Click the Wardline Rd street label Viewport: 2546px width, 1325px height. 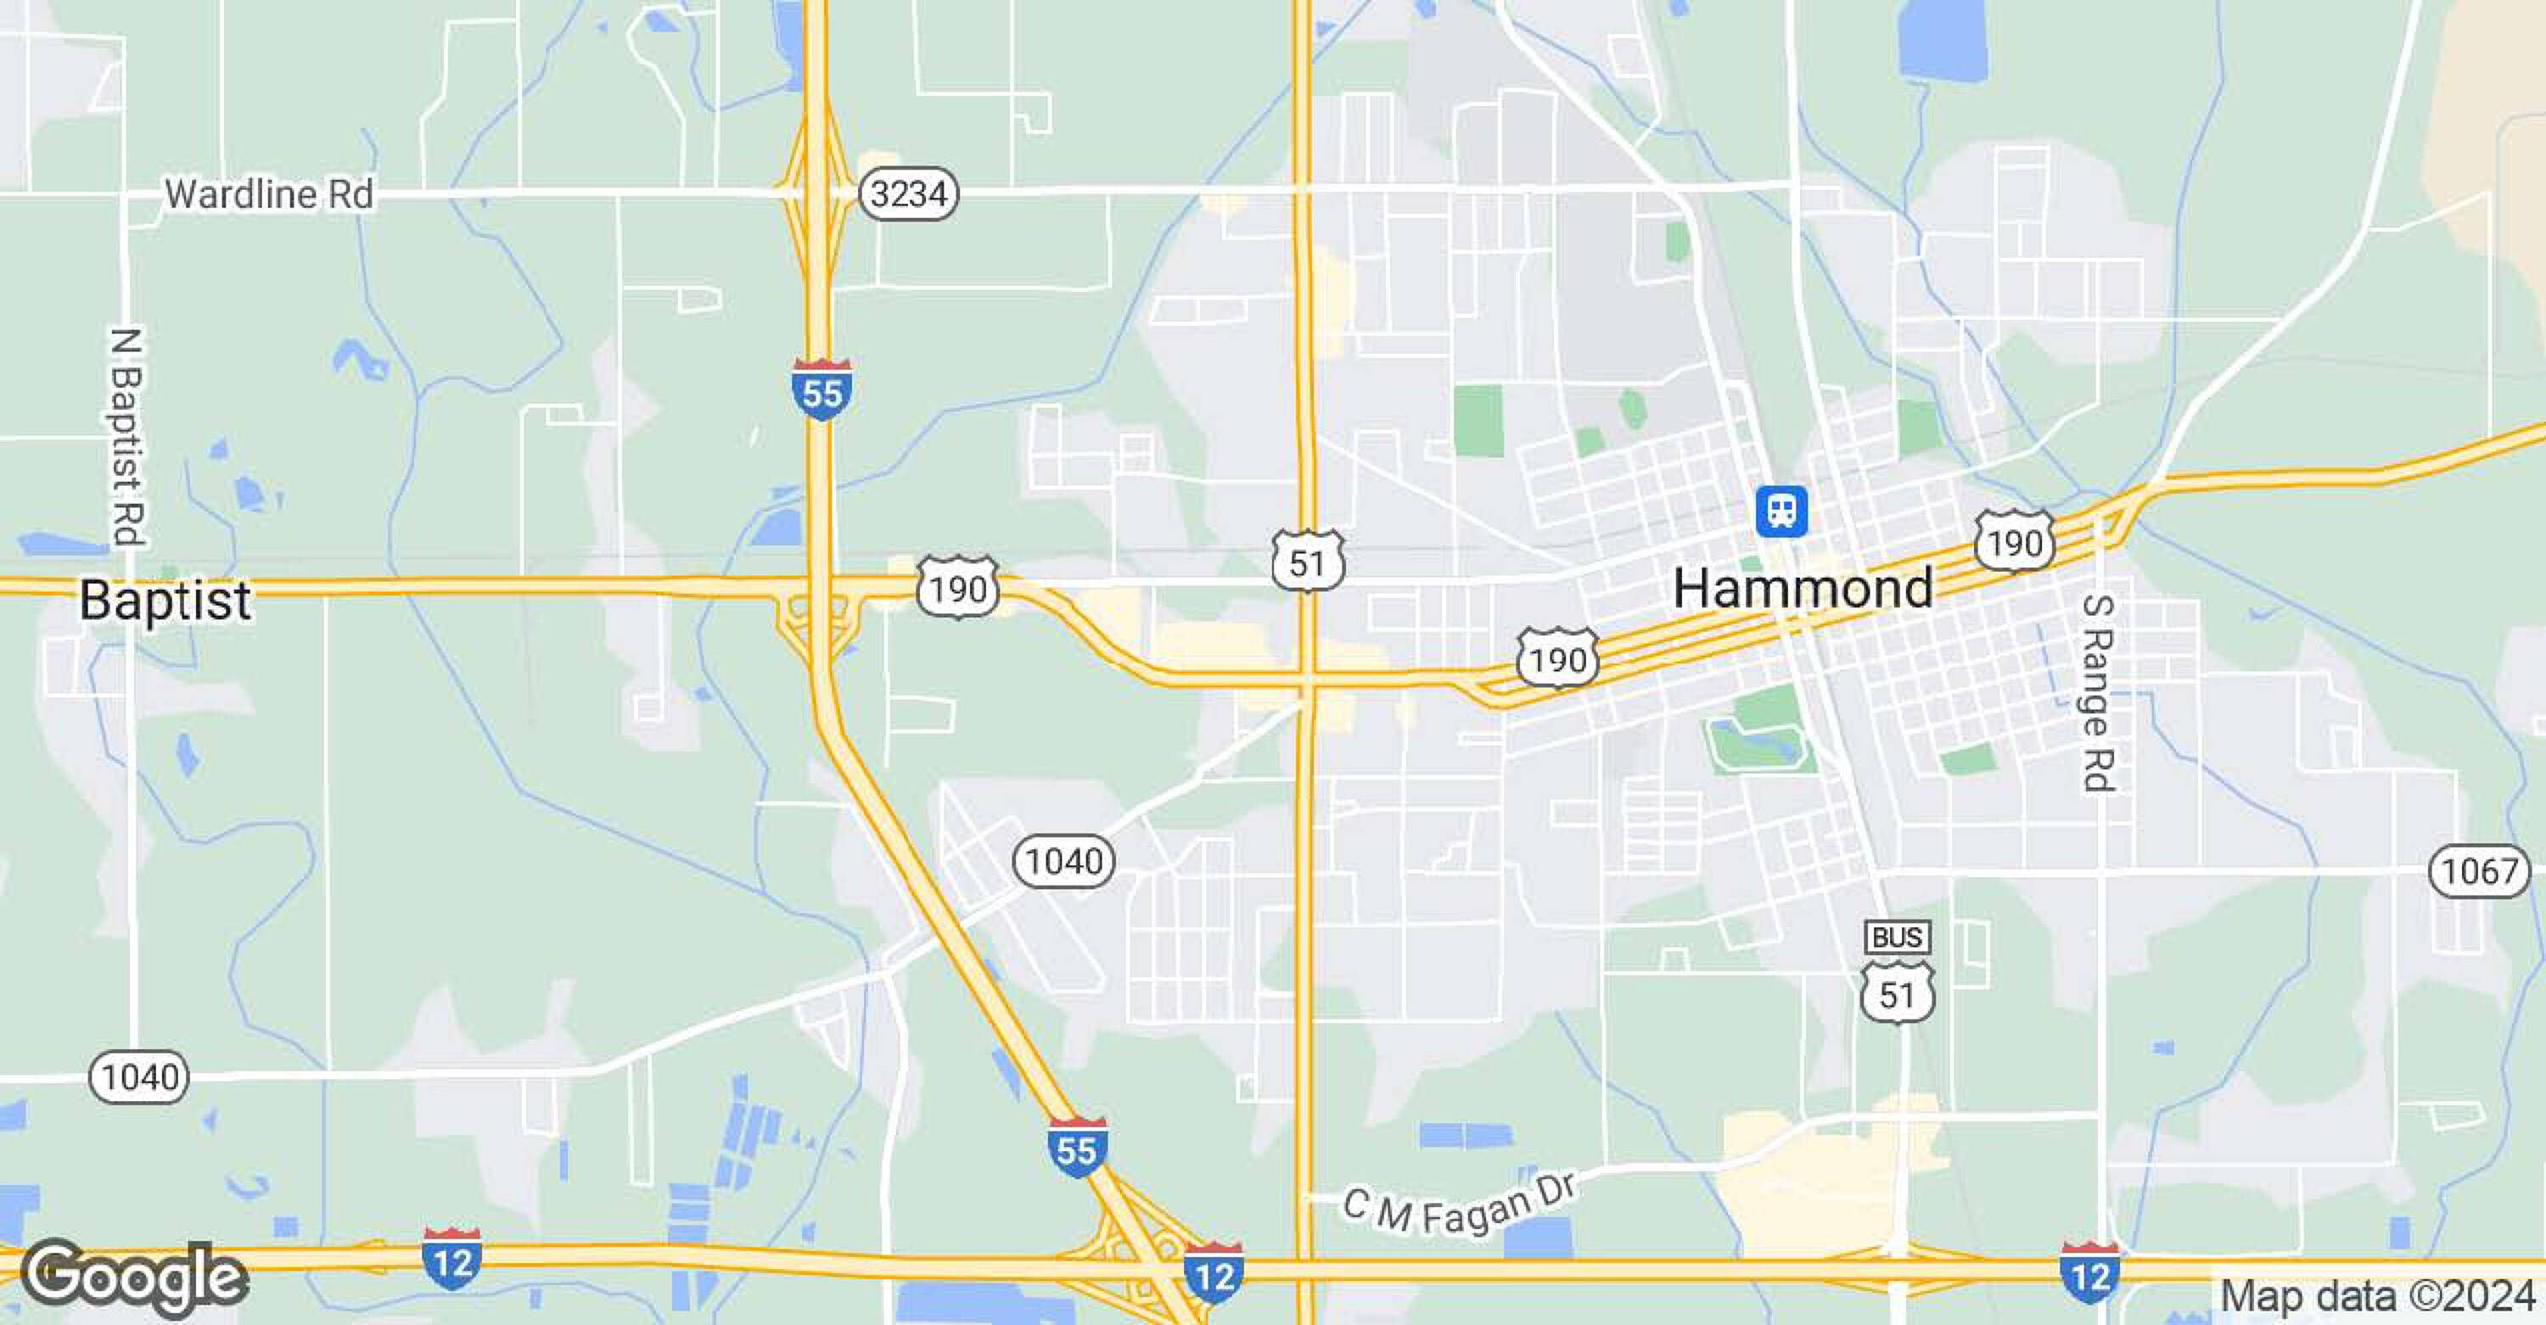click(269, 194)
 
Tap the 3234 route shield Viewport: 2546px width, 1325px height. click(908, 193)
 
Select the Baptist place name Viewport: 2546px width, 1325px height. click(165, 600)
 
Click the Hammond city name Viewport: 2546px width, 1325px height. click(1803, 589)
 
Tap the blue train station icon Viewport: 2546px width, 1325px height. click(1781, 511)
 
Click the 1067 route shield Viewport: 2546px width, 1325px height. click(2479, 870)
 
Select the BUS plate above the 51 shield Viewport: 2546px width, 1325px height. click(1897, 936)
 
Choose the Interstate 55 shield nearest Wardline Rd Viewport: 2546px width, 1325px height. click(822, 390)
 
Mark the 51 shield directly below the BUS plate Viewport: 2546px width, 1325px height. click(1897, 993)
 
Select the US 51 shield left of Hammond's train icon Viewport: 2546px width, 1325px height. click(1307, 562)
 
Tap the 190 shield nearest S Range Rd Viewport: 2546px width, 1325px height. click(2014, 541)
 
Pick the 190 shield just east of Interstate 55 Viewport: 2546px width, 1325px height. click(956, 588)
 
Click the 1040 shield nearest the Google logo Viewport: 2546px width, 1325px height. click(139, 1076)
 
